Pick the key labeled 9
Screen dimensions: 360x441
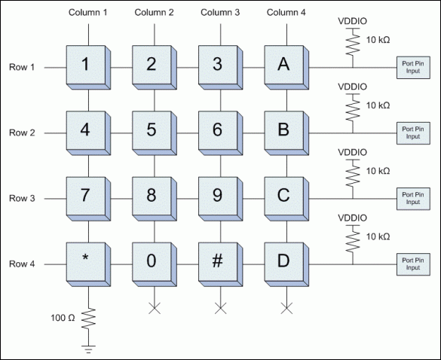pyautogui.click(x=218, y=197)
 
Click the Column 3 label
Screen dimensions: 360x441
pyautogui.click(x=221, y=13)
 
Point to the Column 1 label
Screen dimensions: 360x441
pyautogui.click(x=89, y=13)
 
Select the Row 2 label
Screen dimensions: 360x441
pyautogui.click(x=23, y=133)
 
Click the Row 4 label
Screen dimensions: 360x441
pyautogui.click(x=23, y=264)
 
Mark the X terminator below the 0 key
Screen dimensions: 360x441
pyautogui.click(x=155, y=307)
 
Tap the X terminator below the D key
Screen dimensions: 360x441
pyautogui.click(x=286, y=307)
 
